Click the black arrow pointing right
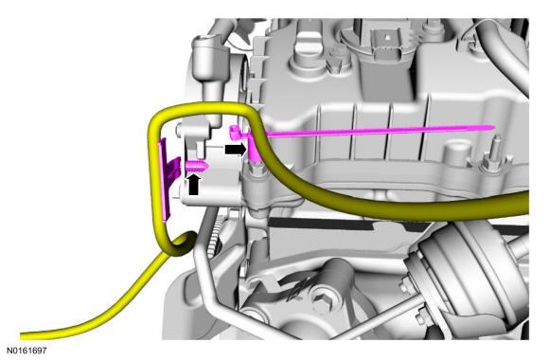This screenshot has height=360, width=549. [x=236, y=150]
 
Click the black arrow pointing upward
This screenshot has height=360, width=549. [x=194, y=185]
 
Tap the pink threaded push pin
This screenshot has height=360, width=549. [x=197, y=166]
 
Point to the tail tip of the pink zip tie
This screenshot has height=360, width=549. [x=493, y=127]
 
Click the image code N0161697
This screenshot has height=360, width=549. [x=27, y=351]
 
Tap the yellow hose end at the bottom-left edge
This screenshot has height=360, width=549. [x=22, y=336]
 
